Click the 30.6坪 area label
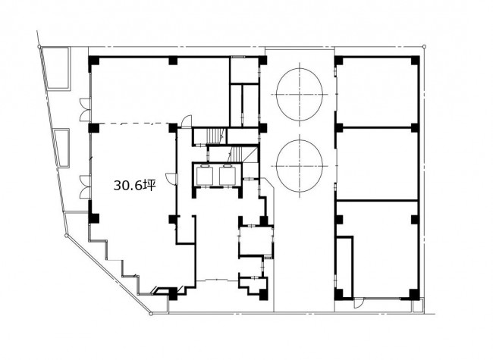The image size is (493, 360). coord(134,186)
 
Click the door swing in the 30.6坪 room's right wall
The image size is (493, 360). coord(172,179)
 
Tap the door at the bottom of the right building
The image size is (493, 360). coord(359,302)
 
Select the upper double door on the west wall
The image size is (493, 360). coord(85,110)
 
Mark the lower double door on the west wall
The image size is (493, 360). coord(85,187)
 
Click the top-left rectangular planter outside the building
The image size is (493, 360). coord(57,68)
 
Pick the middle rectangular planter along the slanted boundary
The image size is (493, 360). coord(61,149)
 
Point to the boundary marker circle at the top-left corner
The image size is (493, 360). coord(39,47)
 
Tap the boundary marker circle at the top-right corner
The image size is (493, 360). coord(424,47)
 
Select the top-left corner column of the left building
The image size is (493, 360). coord(94,61)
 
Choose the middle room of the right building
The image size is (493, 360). coord(377,164)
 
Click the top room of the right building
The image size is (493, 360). coord(377,92)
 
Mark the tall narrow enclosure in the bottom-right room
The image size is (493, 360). coord(344,267)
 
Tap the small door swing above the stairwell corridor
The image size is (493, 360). coord(187,121)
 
